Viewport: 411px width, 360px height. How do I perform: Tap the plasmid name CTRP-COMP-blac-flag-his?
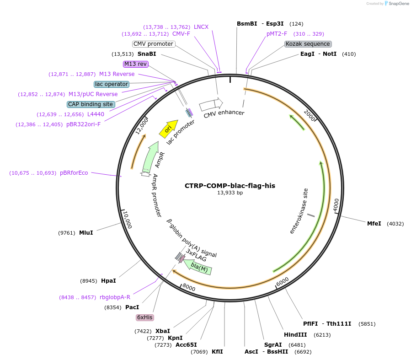(230, 186)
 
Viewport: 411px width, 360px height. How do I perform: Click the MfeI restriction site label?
(374, 224)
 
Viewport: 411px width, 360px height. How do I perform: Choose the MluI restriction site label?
(86, 233)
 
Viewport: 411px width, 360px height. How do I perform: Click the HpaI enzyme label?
(108, 281)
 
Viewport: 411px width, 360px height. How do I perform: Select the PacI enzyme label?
(132, 307)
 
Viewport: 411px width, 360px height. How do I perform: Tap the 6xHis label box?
(144, 317)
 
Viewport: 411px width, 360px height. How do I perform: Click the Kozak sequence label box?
(308, 44)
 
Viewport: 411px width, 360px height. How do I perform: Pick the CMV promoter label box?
(153, 44)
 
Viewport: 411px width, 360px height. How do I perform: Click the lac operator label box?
(112, 84)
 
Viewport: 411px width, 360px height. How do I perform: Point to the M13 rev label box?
(135, 64)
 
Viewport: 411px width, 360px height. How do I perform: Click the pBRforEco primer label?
(74, 173)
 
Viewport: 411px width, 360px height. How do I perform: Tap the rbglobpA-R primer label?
(115, 297)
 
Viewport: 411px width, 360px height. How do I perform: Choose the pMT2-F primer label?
(277, 34)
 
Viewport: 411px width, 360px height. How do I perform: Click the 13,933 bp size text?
(230, 193)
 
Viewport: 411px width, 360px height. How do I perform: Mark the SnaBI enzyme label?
(147, 54)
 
